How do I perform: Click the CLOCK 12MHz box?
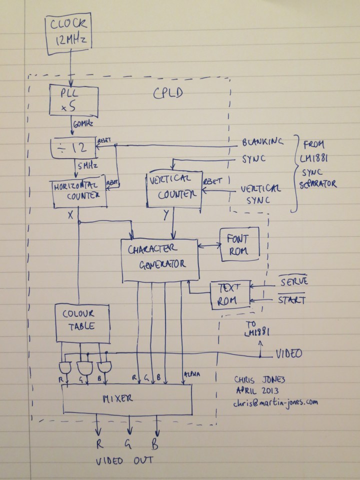(69, 35)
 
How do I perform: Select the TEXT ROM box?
(230, 295)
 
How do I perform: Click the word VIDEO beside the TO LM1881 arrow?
(288, 353)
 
